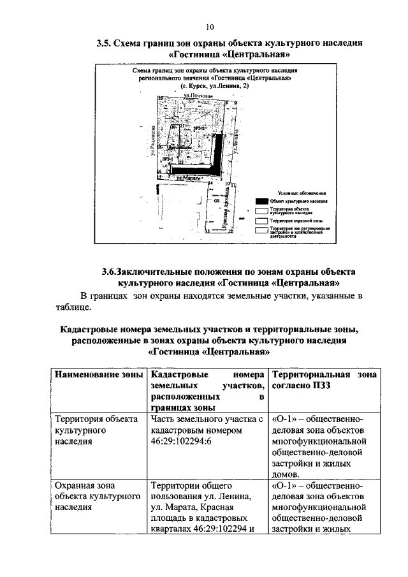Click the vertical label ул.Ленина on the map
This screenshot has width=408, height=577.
237,139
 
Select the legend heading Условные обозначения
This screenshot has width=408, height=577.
302,193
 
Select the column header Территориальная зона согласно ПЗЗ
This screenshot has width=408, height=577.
324,379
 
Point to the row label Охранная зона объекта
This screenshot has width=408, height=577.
96,496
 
